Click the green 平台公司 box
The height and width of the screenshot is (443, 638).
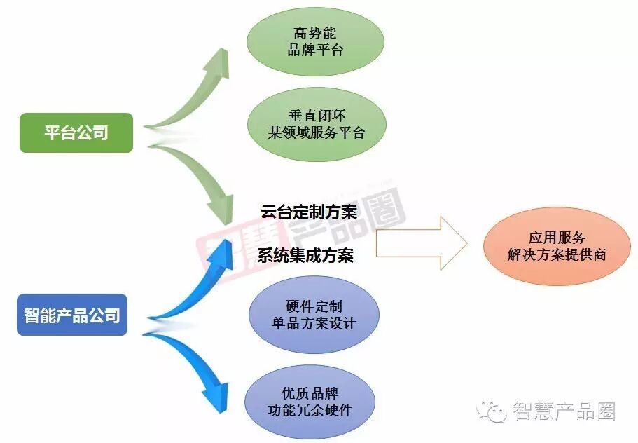[x=76, y=132]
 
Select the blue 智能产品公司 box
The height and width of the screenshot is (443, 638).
[x=71, y=314]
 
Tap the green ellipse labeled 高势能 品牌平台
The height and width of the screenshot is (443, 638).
[x=316, y=41]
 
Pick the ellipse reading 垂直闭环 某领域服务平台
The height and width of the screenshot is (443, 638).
[x=316, y=124]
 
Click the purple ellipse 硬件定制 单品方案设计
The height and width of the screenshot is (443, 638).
[x=314, y=315]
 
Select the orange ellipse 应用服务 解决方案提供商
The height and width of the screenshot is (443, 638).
[x=557, y=247]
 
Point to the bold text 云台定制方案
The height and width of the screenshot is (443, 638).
[x=309, y=212]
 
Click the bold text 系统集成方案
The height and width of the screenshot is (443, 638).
[x=305, y=255]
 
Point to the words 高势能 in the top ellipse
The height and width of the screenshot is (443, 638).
[x=316, y=33]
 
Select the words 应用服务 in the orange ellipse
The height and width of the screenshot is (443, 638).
[x=557, y=238]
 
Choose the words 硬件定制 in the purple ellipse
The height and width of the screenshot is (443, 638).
[x=314, y=306]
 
